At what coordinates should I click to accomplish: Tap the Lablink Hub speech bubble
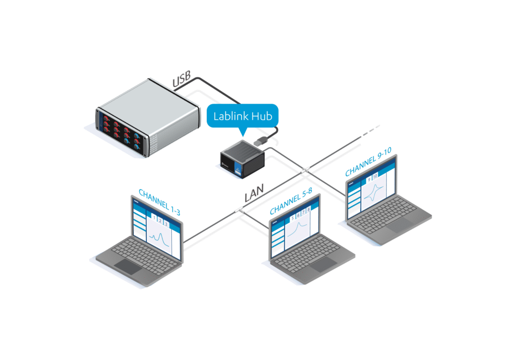pyautogui.click(x=242, y=116)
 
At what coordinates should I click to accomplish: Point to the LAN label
pyautogui.click(x=254, y=196)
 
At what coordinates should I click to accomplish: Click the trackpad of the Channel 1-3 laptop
pyautogui.click(x=128, y=266)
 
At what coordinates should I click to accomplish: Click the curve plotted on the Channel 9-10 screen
pyautogui.click(x=374, y=194)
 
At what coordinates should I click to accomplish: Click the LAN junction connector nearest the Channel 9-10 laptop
pyautogui.click(x=305, y=169)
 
